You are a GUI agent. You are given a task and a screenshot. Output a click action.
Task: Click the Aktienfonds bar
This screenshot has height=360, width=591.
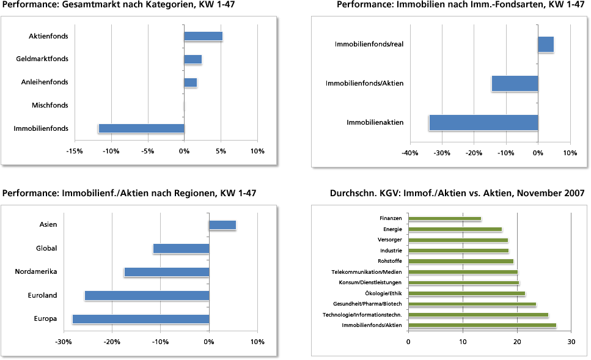(203, 36)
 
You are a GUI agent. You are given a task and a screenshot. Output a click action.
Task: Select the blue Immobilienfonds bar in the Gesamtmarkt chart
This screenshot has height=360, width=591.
(141, 128)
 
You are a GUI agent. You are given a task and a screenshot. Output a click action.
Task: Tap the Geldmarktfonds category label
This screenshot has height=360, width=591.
(42, 59)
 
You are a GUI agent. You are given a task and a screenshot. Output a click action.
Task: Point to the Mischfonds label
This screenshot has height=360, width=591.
(50, 106)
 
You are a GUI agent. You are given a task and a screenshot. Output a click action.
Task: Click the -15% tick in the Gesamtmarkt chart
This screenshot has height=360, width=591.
(75, 151)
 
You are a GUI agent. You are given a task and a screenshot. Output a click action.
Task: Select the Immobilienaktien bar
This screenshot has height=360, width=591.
(483, 122)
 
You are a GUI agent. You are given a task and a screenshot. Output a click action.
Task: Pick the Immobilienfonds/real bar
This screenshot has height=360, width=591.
(546, 45)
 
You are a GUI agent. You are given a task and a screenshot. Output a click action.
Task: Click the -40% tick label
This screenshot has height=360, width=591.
(409, 153)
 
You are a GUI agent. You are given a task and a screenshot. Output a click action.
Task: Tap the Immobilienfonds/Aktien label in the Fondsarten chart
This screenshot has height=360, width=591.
(364, 83)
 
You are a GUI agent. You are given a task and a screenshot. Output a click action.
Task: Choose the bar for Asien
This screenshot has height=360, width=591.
(222, 225)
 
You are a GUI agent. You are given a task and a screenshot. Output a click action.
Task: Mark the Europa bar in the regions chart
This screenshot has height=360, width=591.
(141, 319)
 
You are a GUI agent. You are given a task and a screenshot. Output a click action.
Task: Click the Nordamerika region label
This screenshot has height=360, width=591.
(36, 271)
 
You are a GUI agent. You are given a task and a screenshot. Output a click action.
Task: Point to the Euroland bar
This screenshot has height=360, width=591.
(147, 295)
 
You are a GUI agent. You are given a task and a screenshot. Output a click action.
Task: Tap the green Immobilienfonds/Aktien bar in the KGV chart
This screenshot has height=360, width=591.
(482, 325)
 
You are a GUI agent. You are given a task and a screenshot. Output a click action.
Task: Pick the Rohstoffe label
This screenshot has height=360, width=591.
(390, 261)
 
